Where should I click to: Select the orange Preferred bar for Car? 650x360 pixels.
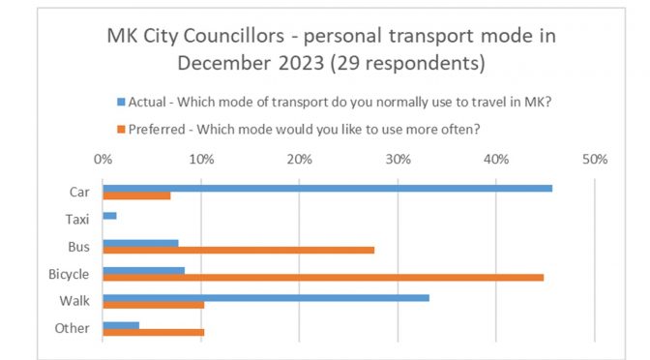136,196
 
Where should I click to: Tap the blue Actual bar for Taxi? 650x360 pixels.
109,215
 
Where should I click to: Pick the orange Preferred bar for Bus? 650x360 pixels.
238,251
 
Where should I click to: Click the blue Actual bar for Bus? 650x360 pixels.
140,242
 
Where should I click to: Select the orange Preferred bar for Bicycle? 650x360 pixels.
323,278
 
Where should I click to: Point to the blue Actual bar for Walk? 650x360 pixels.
266,297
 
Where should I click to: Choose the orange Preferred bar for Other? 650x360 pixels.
153,333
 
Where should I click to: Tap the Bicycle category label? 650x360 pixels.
68,274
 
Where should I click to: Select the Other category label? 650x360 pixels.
72,328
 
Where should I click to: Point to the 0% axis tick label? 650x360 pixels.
103,159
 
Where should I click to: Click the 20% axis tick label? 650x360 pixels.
299,159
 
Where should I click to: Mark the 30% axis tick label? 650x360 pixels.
398,159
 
